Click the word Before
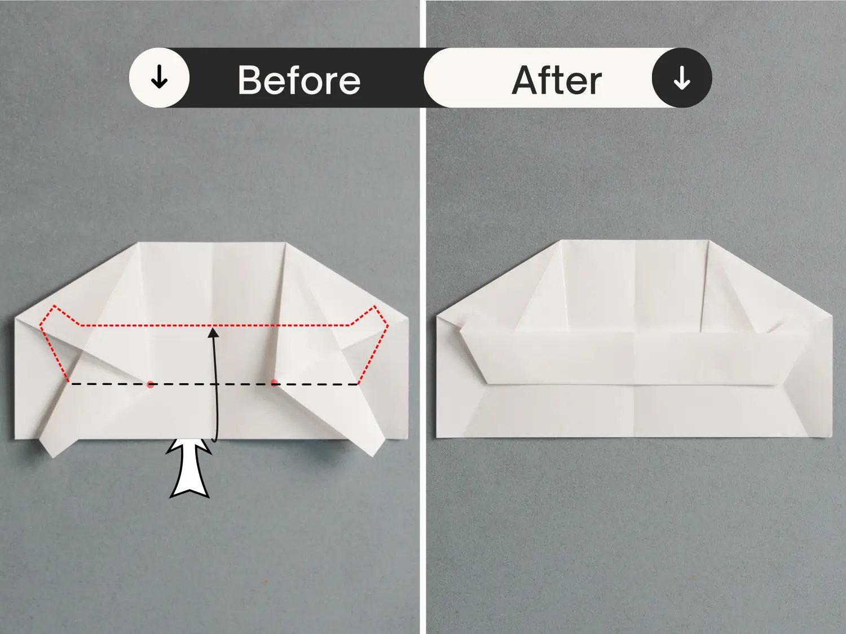tap(299, 79)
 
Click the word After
tap(557, 80)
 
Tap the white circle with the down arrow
tap(159, 78)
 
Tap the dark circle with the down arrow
tap(682, 78)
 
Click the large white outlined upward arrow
tap(190, 468)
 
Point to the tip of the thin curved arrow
tap(214, 328)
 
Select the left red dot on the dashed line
tap(151, 384)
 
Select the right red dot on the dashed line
tap(274, 383)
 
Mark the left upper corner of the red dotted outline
tap(54, 306)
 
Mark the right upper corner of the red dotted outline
tap(375, 306)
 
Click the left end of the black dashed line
tap(69, 384)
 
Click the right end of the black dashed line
tap(359, 384)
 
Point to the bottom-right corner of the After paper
tap(832, 437)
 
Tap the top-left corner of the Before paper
tap(138, 242)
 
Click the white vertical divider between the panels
tap(423, 317)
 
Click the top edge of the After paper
tap(634, 241)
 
